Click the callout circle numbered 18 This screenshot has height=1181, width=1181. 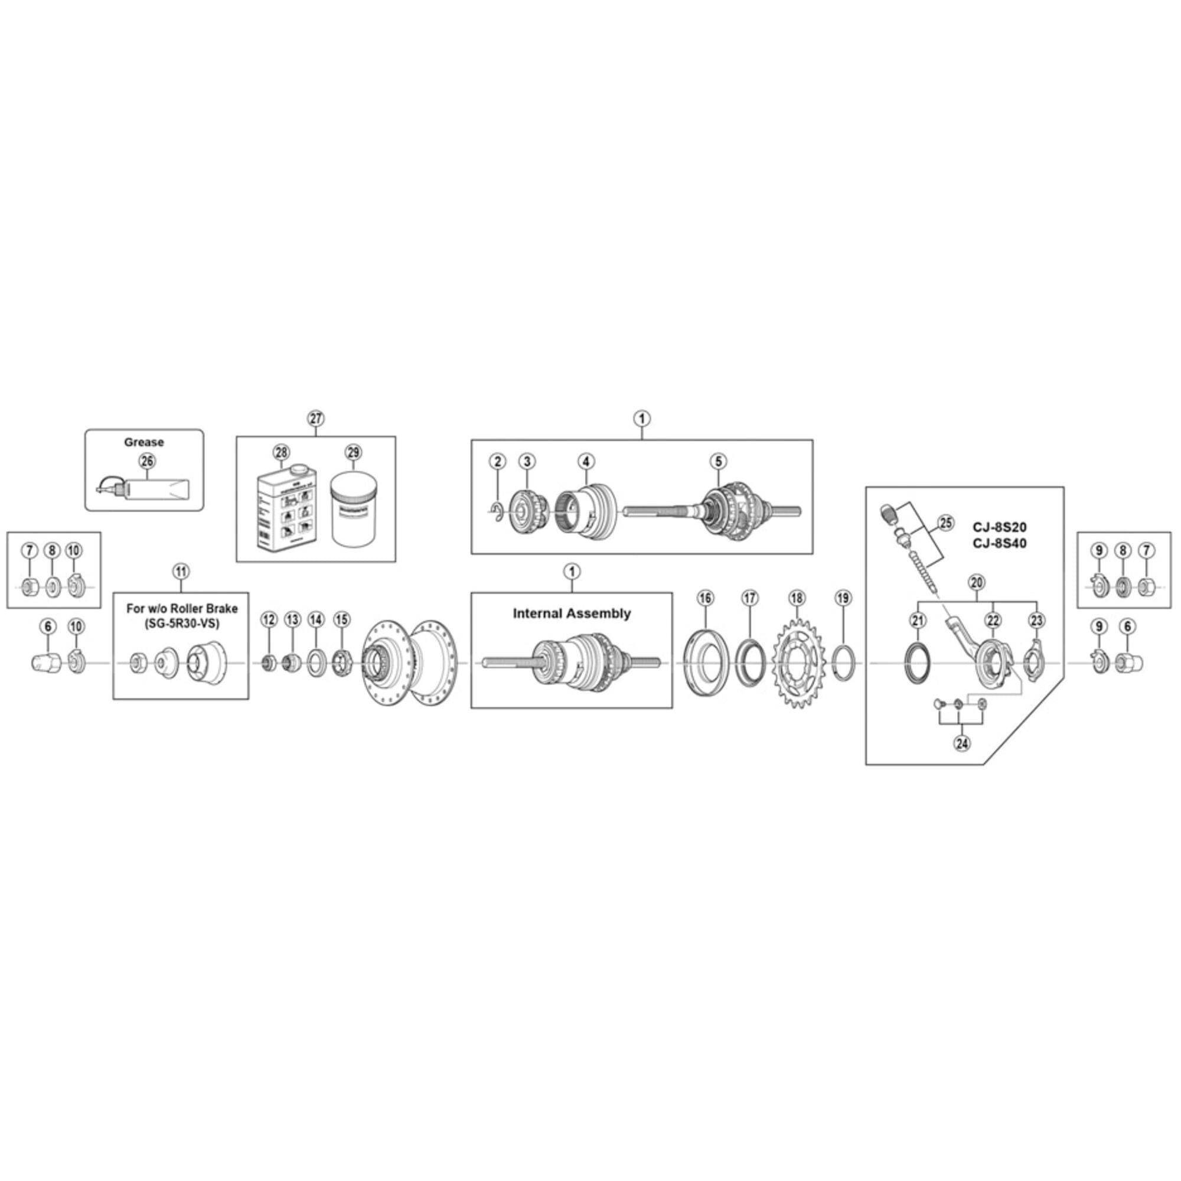tap(797, 598)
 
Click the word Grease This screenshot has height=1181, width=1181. tap(143, 442)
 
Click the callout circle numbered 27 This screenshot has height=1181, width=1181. tap(315, 419)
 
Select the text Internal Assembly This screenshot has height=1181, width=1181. tap(572, 614)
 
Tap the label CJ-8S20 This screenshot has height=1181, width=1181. tap(1000, 527)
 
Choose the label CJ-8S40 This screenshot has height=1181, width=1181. tap(1000, 543)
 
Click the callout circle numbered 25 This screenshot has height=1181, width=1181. tap(945, 523)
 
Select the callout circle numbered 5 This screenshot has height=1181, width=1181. tap(719, 461)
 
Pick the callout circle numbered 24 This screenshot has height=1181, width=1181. tap(961, 744)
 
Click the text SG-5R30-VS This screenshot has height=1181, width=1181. tap(181, 625)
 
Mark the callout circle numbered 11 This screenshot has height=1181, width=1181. tap(181, 572)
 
